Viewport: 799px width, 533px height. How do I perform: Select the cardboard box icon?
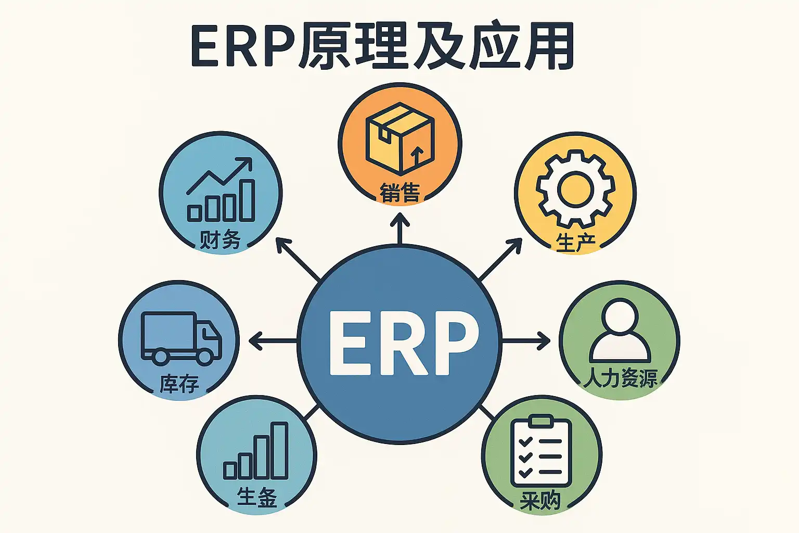pos(399,138)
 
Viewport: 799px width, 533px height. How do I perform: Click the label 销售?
pos(399,193)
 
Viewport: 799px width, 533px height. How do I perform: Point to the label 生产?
pos(575,243)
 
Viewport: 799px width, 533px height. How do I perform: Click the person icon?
pos(620,331)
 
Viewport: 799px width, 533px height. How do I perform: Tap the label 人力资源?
pos(620,378)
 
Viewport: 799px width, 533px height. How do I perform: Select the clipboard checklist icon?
pos(541,451)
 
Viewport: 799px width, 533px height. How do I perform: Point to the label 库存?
pos(179,384)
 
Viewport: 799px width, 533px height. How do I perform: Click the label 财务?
pos(220,240)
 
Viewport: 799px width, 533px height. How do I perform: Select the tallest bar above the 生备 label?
pos(280,450)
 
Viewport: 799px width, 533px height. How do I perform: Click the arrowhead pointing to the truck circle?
pos(255,341)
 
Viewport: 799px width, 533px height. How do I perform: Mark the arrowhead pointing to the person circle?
pos(544,341)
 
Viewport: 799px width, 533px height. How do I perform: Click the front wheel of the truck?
pos(204,356)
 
